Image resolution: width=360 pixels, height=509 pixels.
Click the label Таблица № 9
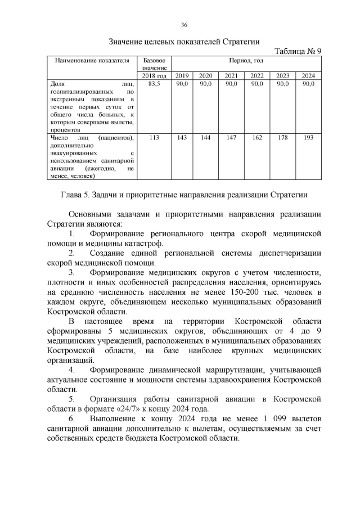(x=297, y=51)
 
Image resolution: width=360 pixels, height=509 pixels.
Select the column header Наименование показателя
(x=92, y=60)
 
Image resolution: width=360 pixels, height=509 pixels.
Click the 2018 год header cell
(x=154, y=75)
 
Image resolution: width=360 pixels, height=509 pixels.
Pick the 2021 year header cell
(x=231, y=75)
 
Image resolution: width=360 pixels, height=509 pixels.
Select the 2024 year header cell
(x=308, y=75)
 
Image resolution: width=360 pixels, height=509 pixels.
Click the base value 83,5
(x=154, y=84)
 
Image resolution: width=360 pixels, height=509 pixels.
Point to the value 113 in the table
(x=154, y=137)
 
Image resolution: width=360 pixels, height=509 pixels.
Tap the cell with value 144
(x=205, y=137)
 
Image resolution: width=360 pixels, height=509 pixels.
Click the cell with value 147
(x=231, y=137)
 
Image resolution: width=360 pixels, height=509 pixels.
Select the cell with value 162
(x=256, y=137)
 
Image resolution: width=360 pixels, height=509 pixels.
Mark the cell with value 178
(x=282, y=137)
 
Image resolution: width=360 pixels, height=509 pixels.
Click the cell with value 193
(x=308, y=137)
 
